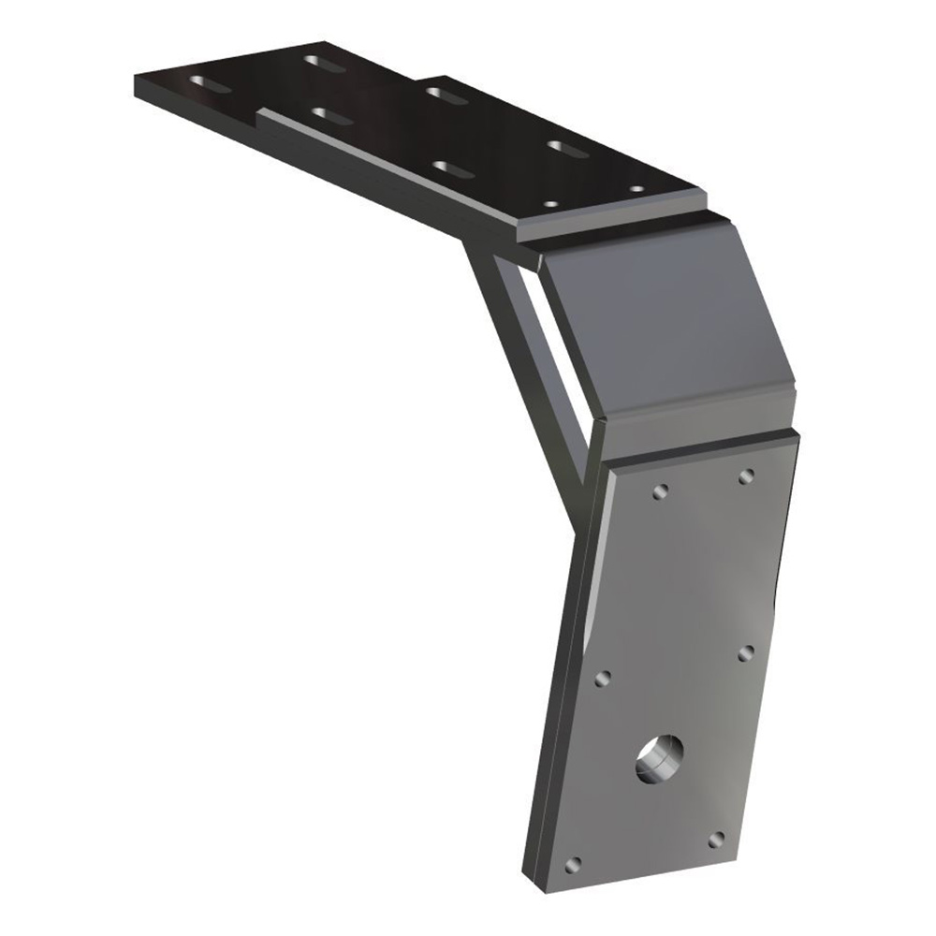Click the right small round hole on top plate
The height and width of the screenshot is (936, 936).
click(x=636, y=190)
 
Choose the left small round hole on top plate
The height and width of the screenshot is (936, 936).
click(x=551, y=202)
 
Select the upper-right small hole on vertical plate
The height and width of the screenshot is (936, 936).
click(x=746, y=477)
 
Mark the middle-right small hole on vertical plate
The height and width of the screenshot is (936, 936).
click(x=746, y=651)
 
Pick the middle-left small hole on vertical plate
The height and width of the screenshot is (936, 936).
click(x=603, y=676)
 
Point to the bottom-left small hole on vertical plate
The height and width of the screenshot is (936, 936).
click(x=575, y=863)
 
